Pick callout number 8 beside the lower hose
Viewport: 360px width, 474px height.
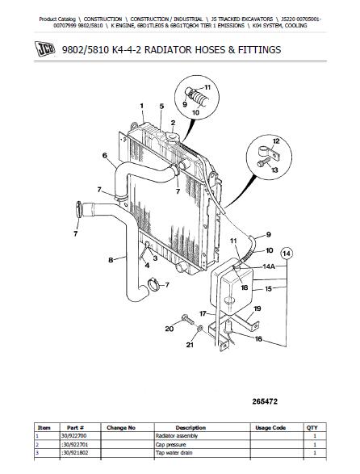111,260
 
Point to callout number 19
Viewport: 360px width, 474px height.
259,308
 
